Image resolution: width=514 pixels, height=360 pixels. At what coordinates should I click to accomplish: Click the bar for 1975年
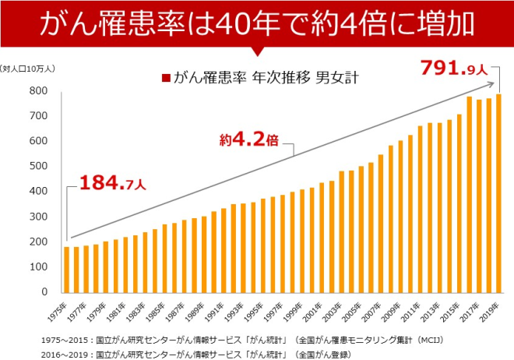67,269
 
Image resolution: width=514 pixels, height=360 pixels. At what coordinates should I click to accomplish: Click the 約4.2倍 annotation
249,141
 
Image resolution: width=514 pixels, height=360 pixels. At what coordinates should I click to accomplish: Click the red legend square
165,78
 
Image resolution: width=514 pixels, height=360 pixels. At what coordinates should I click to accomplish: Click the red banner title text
257,23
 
